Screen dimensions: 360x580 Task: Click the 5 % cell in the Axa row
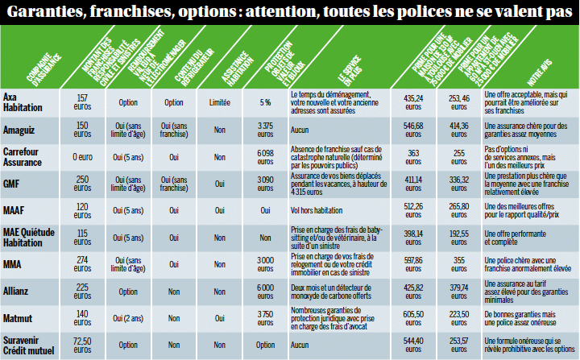(x=265, y=103)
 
